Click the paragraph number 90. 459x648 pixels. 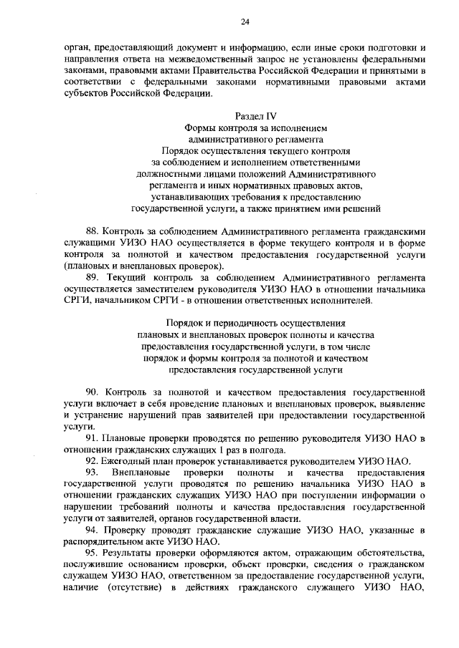click(92, 393)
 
